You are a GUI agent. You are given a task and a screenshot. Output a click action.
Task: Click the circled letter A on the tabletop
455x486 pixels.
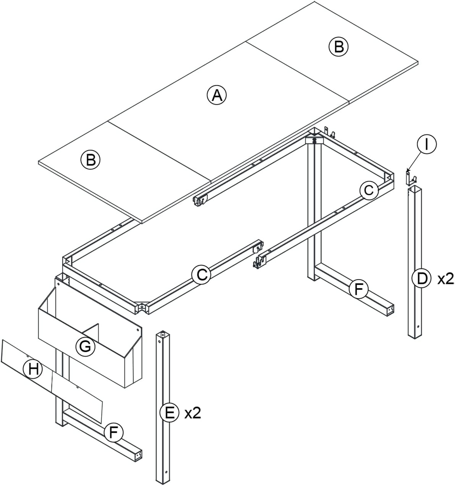point(217,95)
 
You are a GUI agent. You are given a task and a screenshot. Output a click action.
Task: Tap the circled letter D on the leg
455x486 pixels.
point(421,279)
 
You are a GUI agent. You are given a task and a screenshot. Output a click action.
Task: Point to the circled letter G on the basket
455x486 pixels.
point(85,346)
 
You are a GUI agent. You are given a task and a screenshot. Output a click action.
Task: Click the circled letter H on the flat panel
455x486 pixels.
point(33,369)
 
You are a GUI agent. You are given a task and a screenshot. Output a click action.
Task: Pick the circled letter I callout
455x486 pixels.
point(427,144)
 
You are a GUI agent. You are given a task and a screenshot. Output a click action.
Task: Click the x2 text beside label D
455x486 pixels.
point(445,279)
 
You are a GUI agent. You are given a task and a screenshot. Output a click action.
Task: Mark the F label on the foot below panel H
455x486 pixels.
point(113,433)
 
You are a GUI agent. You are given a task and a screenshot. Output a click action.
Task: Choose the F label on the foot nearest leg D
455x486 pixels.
point(358,289)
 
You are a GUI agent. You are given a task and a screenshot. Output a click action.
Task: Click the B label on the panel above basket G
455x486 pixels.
point(90,160)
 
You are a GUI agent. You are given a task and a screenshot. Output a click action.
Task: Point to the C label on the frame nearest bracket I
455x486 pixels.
point(369,190)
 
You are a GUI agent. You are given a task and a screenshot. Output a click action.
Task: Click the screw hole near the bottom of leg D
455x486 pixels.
point(418,326)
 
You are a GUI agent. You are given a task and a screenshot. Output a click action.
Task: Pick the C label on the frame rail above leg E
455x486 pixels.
point(201,275)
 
